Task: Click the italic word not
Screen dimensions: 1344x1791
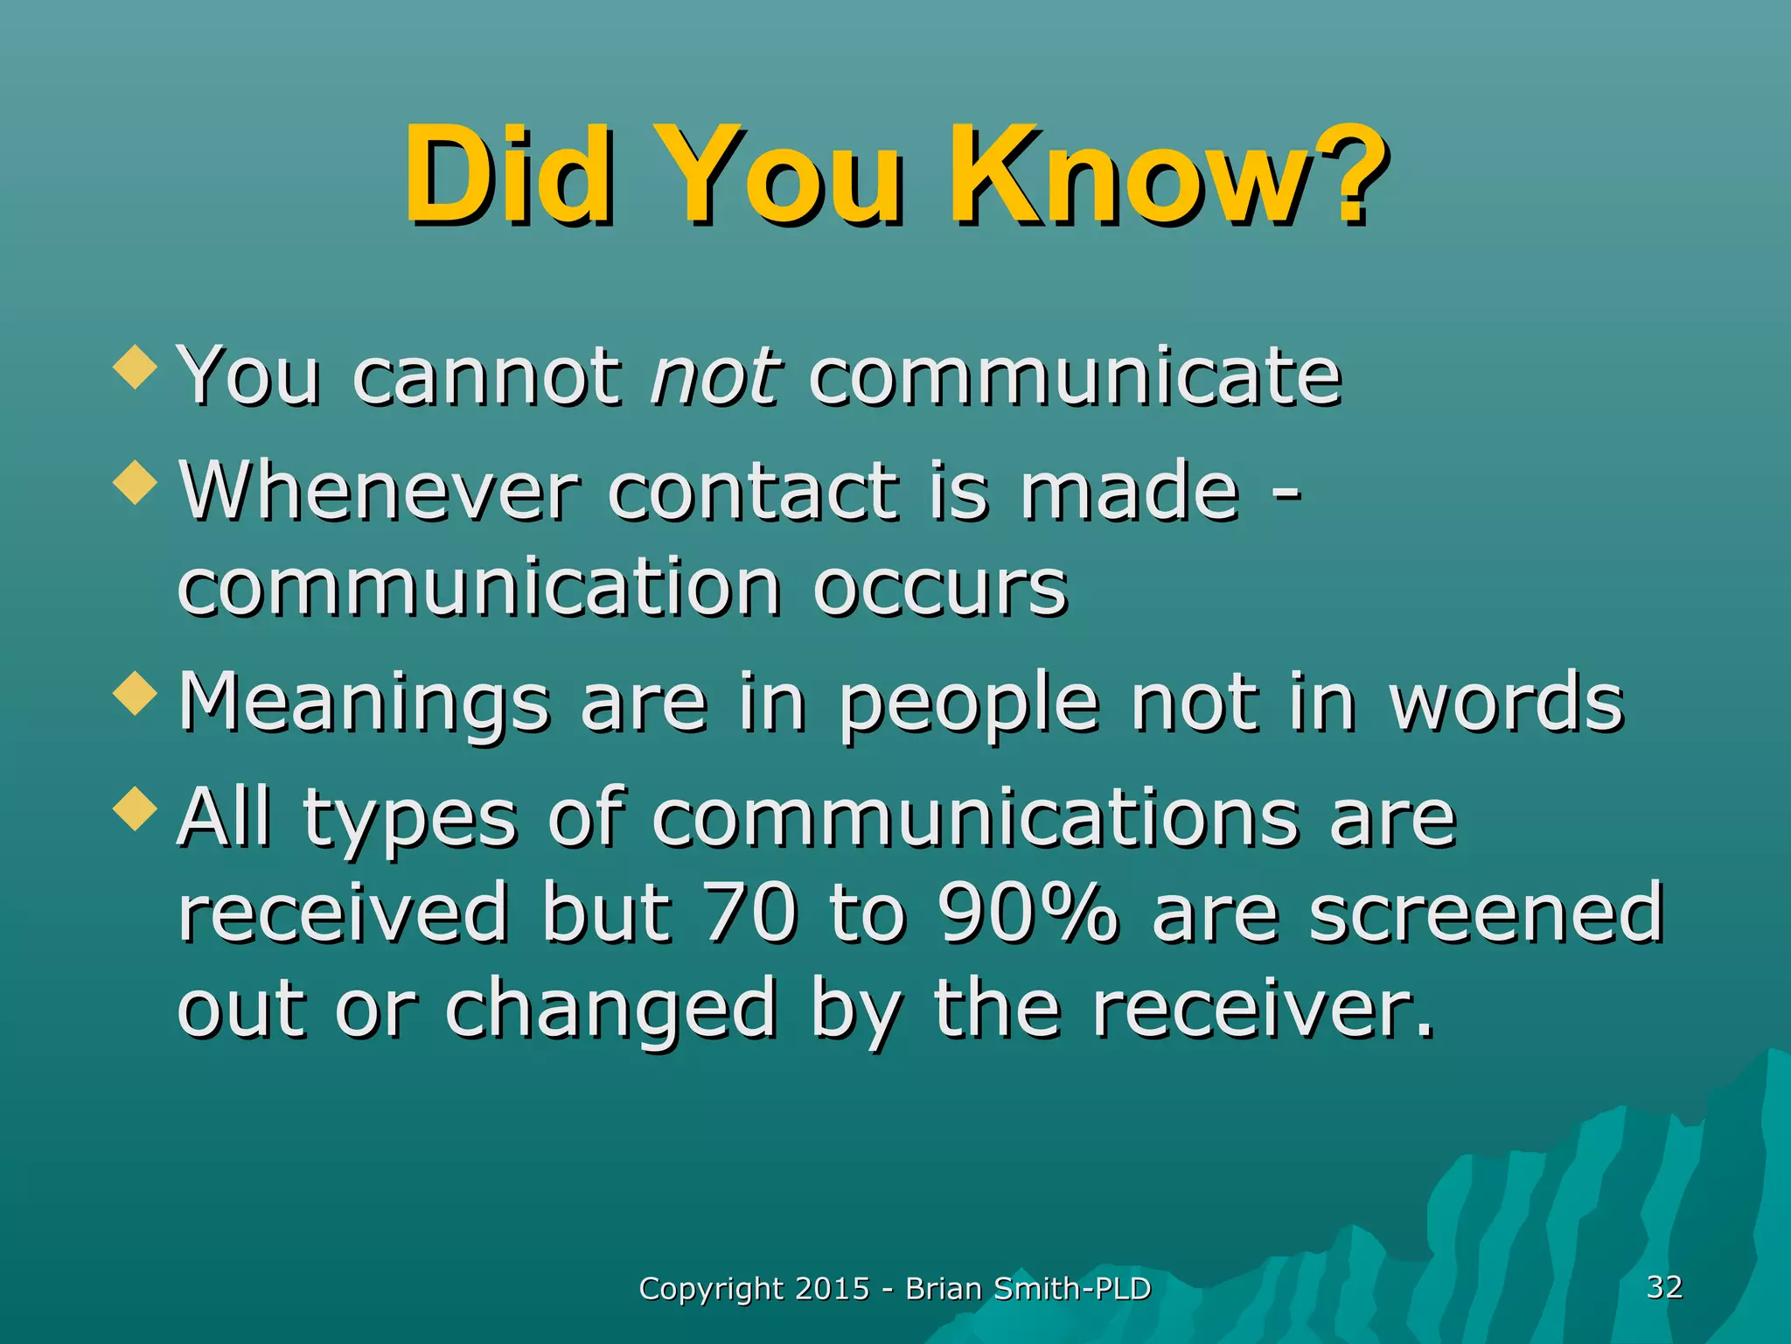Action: [x=715, y=378]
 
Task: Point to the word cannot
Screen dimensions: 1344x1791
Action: [x=486, y=378]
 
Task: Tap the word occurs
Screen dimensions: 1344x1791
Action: [x=939, y=588]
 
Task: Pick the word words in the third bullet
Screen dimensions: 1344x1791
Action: [x=1506, y=703]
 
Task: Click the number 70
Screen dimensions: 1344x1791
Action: [x=750, y=913]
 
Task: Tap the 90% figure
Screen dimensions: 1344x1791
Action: [x=1027, y=913]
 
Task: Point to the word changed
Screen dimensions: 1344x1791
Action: [x=610, y=1010]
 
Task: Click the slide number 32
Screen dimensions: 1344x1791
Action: [x=1664, y=1286]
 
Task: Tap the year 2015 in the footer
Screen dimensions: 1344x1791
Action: [x=833, y=1289]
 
